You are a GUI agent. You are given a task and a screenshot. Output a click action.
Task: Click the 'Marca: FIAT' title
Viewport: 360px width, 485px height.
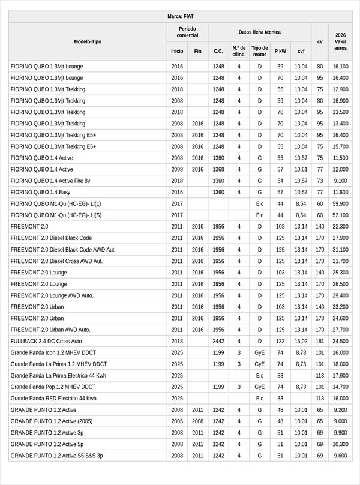tap(180, 16)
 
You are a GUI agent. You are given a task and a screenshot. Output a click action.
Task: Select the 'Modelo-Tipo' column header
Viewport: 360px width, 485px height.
tap(88, 41)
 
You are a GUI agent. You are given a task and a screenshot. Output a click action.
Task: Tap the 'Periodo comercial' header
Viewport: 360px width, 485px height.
tap(188, 32)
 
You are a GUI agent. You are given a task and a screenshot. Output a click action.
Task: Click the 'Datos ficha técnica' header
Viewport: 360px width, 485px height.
tap(259, 32)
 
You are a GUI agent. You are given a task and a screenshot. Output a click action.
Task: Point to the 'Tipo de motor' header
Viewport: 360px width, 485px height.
tap(259, 51)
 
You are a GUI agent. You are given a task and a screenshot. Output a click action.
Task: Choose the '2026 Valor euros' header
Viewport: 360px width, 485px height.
tap(340, 41)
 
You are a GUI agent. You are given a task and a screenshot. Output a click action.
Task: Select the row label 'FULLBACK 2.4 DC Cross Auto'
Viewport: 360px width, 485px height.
tap(46, 341)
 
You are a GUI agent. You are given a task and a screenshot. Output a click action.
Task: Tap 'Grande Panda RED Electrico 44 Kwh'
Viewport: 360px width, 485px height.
tap(53, 398)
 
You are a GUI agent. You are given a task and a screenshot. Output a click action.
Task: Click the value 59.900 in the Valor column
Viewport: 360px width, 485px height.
tap(340, 203)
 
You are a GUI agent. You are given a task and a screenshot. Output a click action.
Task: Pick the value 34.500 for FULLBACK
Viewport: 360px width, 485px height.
tap(340, 341)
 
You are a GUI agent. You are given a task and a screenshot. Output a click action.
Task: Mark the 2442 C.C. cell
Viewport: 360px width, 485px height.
tap(218, 341)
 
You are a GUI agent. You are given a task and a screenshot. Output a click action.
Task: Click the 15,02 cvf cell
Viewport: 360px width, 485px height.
tap(301, 341)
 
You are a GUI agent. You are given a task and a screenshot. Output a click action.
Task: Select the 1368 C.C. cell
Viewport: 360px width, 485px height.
tap(218, 169)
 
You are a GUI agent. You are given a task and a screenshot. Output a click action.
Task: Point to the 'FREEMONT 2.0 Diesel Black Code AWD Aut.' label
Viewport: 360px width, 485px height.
tap(63, 249)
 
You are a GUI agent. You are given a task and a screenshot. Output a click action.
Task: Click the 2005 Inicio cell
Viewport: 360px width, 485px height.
tap(177, 421)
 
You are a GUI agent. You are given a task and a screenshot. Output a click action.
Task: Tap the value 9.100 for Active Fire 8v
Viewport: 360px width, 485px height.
tap(340, 181)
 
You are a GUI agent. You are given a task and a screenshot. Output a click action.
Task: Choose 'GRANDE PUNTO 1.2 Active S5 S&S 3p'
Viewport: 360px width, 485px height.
tap(56, 456)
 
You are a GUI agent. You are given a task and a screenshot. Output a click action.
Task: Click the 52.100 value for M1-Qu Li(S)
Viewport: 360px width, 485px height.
tap(340, 215)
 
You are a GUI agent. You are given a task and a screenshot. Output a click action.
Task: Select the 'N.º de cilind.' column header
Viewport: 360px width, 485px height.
tap(239, 51)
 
